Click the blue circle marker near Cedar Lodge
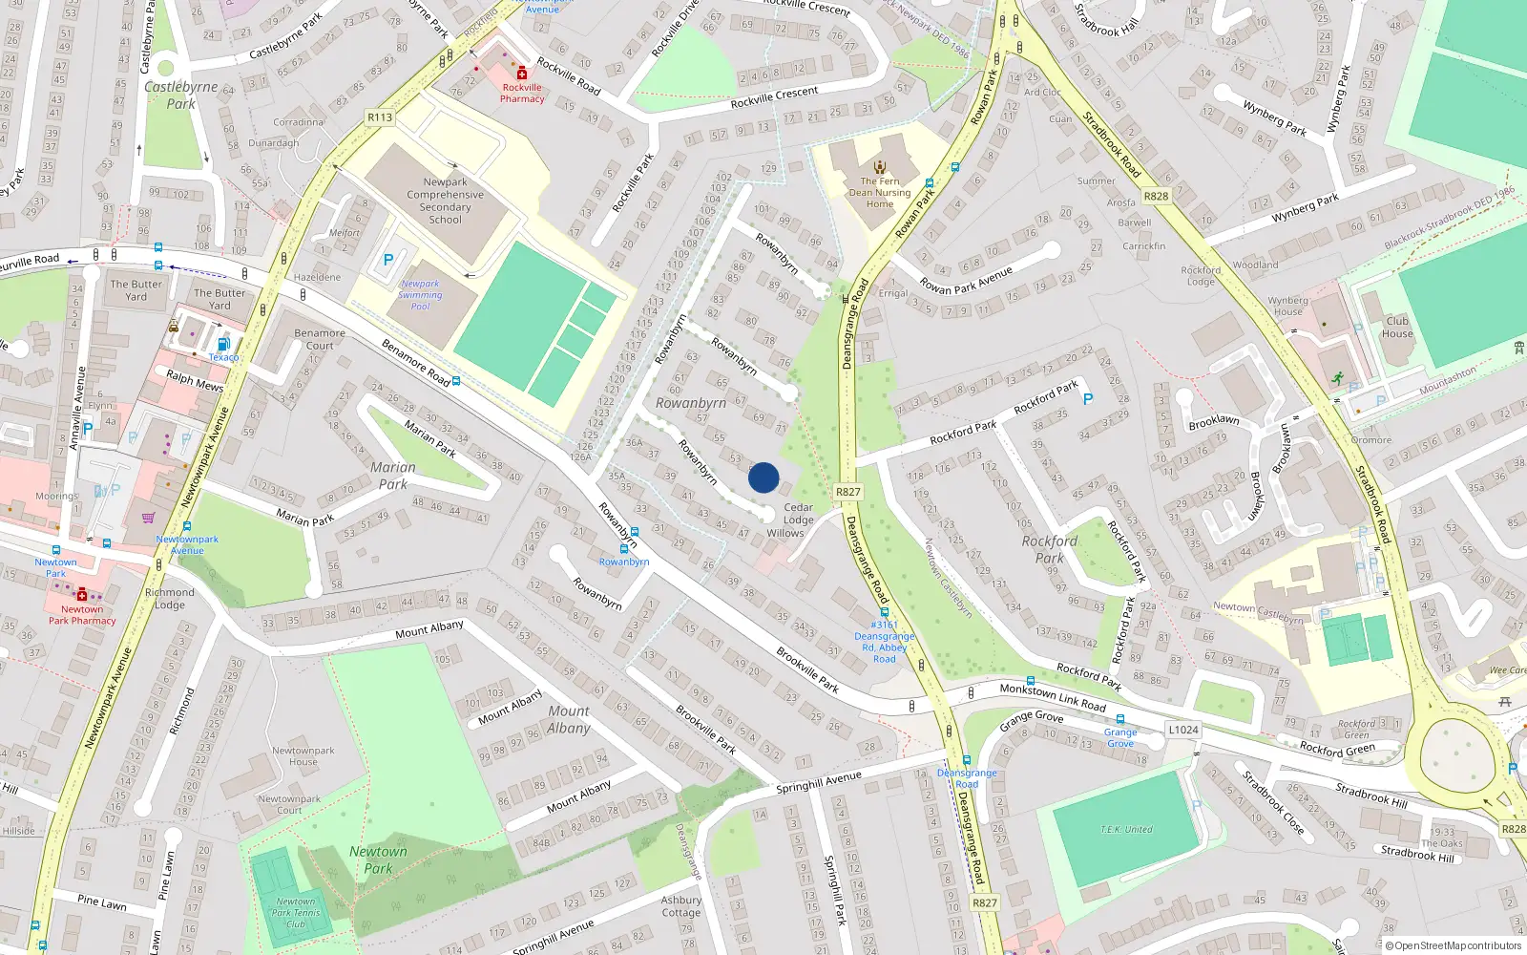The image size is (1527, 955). [763, 477]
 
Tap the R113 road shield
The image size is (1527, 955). [380, 117]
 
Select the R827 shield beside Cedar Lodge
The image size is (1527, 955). [847, 492]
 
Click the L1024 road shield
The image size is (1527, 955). [1182, 730]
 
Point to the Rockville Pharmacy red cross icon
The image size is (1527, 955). [522, 74]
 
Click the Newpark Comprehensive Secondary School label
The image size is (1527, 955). [445, 201]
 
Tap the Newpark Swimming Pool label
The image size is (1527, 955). [420, 295]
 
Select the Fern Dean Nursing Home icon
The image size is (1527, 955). [880, 166]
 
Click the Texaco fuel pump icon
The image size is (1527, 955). [223, 344]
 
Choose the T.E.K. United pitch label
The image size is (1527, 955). [1126, 829]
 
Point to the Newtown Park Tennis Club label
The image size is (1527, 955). [295, 912]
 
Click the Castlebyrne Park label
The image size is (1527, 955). [181, 95]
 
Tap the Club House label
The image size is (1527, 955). [1397, 327]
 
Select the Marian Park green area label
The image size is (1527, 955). [393, 476]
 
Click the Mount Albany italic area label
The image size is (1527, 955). [569, 719]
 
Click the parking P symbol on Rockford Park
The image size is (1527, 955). [1088, 399]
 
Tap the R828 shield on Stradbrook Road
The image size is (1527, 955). [1156, 196]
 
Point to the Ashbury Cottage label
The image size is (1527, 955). [681, 905]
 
